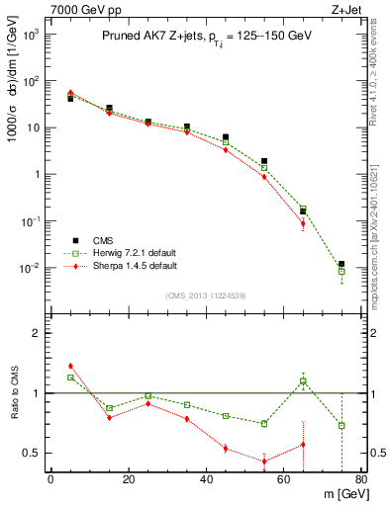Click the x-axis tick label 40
click(206, 481)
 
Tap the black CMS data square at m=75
click(341, 264)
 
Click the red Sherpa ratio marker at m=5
click(70, 366)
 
